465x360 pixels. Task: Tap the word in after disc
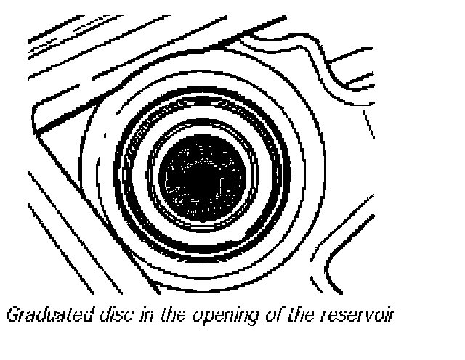pos(114,315)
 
